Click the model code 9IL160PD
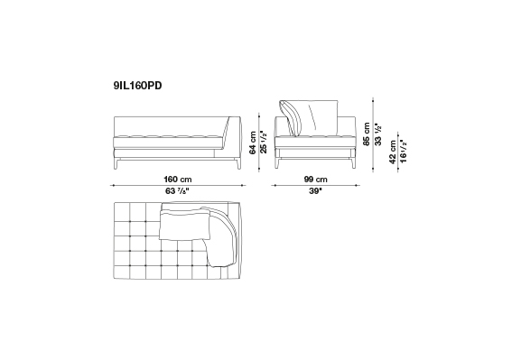coord(137,86)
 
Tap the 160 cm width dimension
coord(178,180)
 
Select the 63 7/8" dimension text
coord(177,191)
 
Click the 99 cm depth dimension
coord(315,180)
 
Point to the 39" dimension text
coord(315,191)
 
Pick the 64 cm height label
coord(253,143)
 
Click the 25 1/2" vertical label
coord(264,142)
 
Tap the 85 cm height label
coord(367,134)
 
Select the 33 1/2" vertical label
coord(378,134)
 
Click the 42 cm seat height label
coord(393,152)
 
